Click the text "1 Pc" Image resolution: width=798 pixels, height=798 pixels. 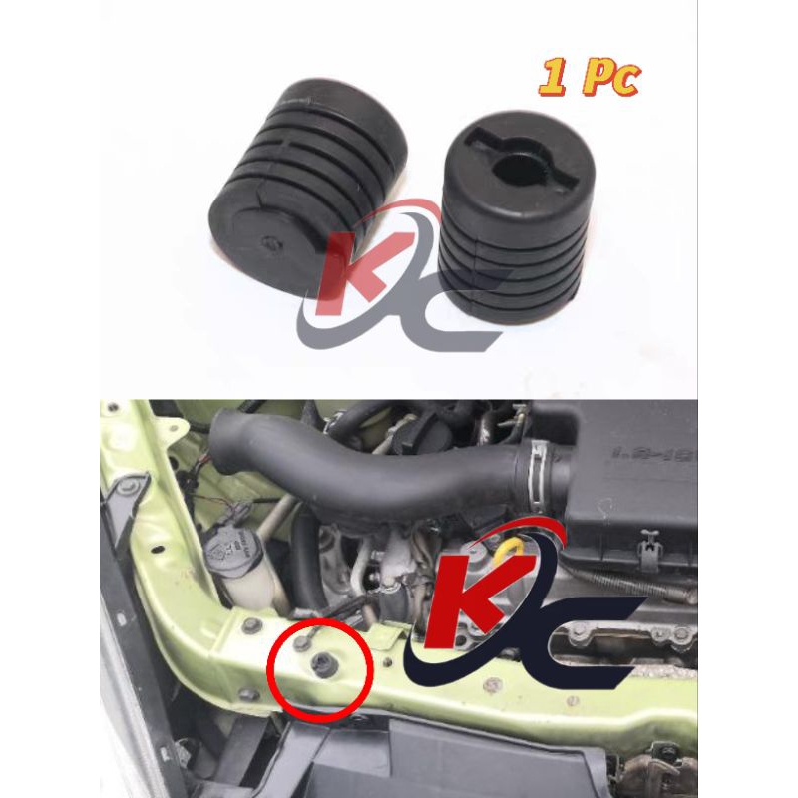pyautogui.click(x=589, y=77)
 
